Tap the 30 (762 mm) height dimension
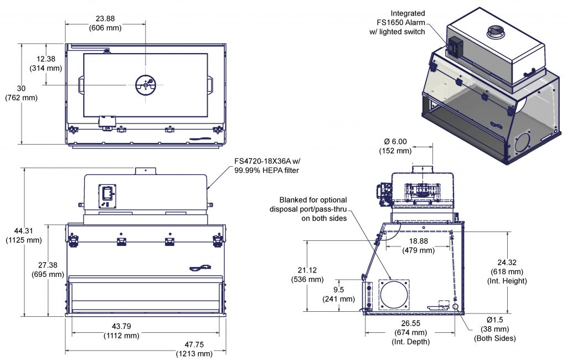[21, 93]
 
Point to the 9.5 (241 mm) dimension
[339, 294]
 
